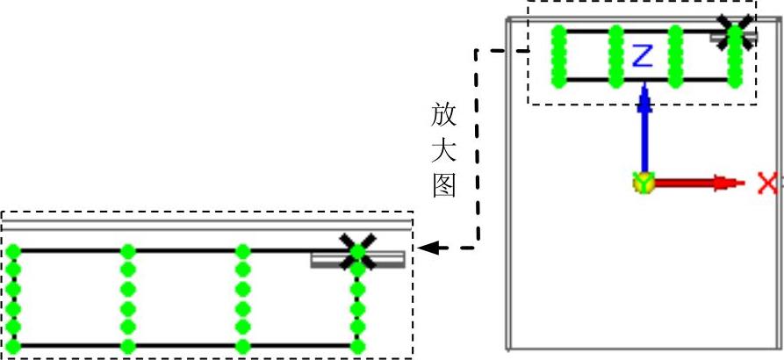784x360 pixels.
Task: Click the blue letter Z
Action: [x=643, y=56]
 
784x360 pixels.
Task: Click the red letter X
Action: [x=768, y=184]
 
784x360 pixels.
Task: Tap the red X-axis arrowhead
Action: [x=724, y=184]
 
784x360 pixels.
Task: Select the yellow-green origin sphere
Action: [x=644, y=184]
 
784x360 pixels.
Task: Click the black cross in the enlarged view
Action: [x=357, y=250]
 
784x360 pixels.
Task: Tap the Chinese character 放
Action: [x=444, y=114]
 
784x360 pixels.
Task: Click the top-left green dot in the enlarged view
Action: [x=13, y=251]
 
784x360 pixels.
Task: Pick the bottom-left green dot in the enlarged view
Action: [x=13, y=346]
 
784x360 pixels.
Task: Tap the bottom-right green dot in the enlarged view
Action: [x=357, y=346]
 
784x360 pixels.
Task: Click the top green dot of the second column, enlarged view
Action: [x=128, y=251]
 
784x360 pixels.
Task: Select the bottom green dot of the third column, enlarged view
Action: [x=243, y=346]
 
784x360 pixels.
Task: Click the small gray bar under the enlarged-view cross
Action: [x=357, y=259]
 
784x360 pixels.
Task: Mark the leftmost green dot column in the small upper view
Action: [x=557, y=57]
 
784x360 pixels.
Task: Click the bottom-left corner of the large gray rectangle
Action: [x=508, y=349]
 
